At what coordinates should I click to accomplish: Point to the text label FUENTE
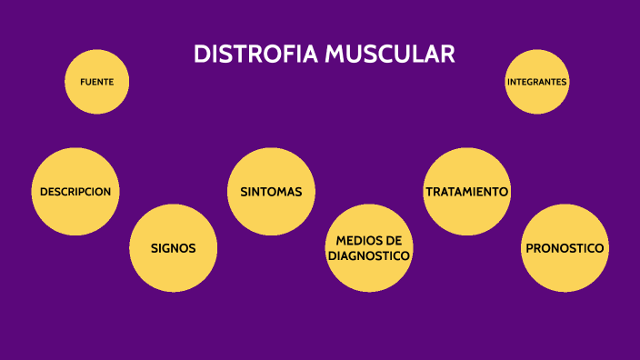coord(97,82)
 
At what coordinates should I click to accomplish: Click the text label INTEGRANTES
coord(536,82)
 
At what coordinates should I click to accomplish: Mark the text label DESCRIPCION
coord(75,192)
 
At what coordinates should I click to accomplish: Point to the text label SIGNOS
coord(173,248)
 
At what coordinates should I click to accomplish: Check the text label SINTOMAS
coord(271,192)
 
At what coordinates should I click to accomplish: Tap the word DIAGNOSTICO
coord(368,256)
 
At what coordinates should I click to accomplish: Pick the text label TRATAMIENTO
coord(466,192)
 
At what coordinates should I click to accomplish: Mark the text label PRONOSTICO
coord(565,248)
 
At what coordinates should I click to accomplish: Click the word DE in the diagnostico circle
coord(393,240)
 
